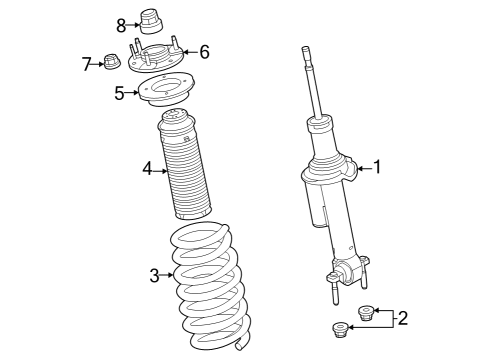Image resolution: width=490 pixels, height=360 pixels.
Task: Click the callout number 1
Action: coord(378,167)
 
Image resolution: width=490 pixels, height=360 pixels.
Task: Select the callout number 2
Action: coord(402,319)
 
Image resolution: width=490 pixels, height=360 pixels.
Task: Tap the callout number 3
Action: coord(154,275)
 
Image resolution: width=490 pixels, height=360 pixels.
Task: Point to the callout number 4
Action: coord(147,170)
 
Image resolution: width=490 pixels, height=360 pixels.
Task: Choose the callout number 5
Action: coord(119,94)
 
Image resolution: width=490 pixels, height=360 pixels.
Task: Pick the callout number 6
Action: coord(204,51)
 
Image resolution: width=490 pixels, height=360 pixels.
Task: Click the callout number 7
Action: coord(87,64)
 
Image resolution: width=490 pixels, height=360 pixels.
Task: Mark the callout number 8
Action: coord(121,24)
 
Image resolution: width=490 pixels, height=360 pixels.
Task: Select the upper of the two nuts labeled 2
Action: coord(365,313)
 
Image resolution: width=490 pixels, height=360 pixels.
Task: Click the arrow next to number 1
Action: coord(362,168)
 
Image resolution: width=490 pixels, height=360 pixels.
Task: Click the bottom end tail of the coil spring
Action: coord(241,347)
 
